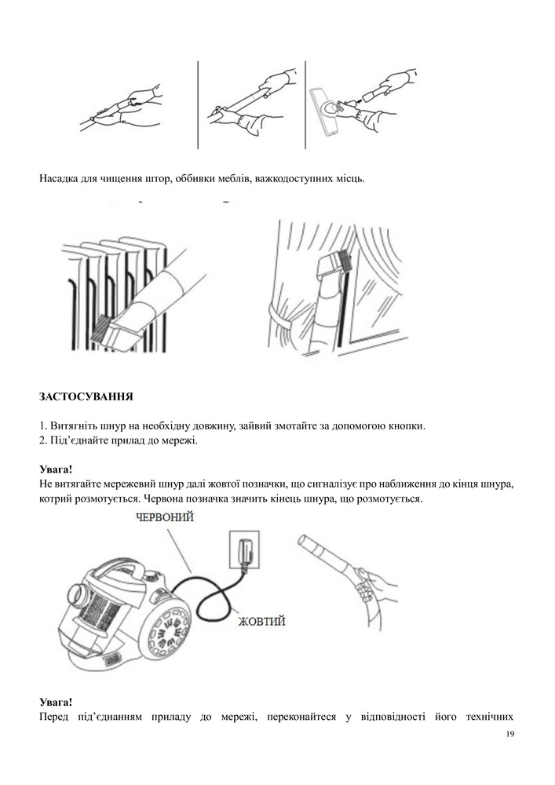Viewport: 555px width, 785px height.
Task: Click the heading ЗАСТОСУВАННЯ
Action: (x=86, y=396)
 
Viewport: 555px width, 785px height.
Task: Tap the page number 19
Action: (x=510, y=734)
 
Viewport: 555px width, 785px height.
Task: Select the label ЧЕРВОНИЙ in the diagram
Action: (x=165, y=517)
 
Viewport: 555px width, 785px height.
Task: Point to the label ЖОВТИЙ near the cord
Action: (x=261, y=621)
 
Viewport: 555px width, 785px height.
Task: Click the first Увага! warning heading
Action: (x=56, y=469)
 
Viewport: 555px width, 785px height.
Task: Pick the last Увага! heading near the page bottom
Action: (x=56, y=702)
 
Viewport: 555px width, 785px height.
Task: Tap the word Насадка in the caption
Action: (x=57, y=179)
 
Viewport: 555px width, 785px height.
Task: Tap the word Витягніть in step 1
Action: (x=70, y=426)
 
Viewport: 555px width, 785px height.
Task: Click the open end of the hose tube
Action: (x=304, y=541)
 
